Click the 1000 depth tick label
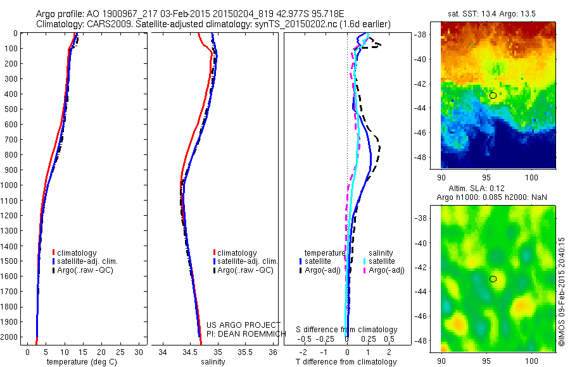[9, 185]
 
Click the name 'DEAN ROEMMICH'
[248, 333]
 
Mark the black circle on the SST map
[493, 95]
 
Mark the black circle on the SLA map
[493, 278]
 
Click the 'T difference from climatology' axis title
[346, 362]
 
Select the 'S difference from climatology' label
[346, 330]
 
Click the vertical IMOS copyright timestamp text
[561, 292]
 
